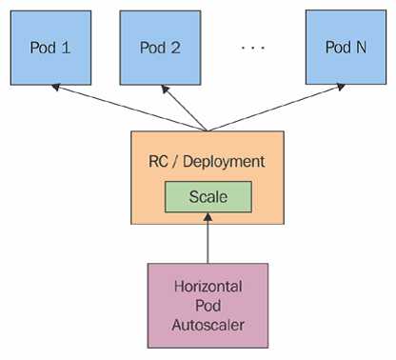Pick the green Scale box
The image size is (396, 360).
pyautogui.click(x=208, y=197)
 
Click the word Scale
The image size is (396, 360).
pyautogui.click(x=208, y=197)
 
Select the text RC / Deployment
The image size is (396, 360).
pyautogui.click(x=208, y=162)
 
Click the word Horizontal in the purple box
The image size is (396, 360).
pyautogui.click(x=208, y=286)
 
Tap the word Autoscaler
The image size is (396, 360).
pyautogui.click(x=208, y=324)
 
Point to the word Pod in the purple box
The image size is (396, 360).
pyautogui.click(x=208, y=305)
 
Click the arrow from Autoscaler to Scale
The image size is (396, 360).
pyautogui.click(x=208, y=238)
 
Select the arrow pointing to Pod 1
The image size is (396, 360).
pyautogui.click(x=124, y=107)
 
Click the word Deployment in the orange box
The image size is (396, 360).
pyautogui.click(x=225, y=162)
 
